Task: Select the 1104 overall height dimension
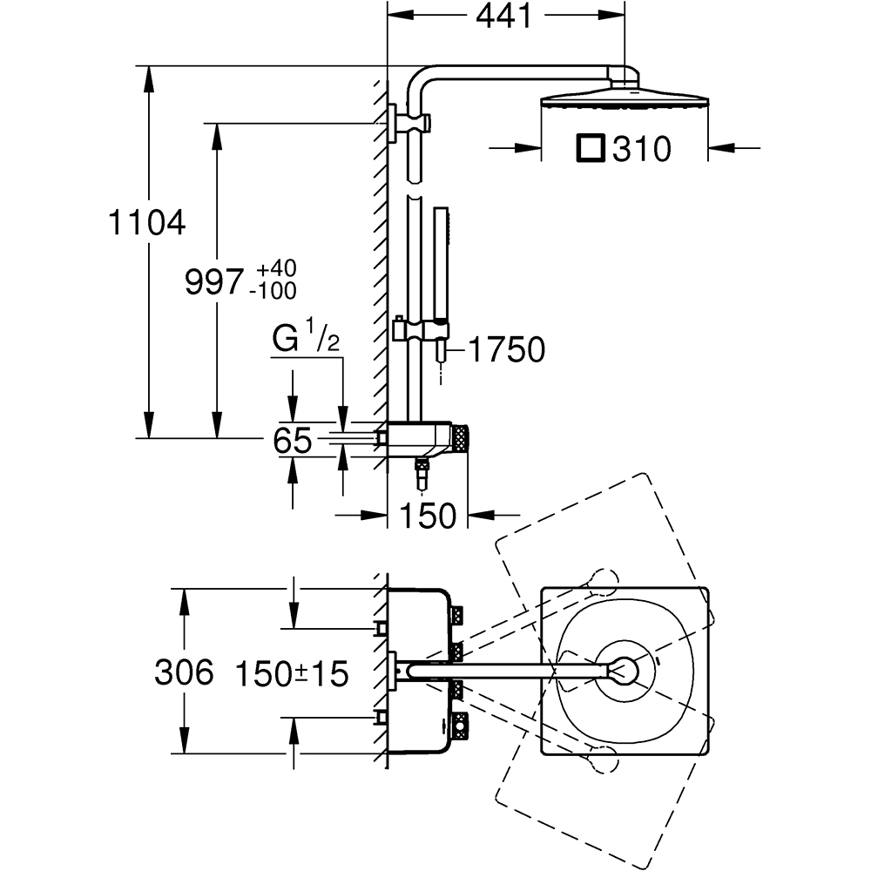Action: coord(147,224)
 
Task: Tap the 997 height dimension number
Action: coord(213,282)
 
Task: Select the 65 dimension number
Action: coord(292,441)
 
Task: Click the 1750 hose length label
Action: coord(506,350)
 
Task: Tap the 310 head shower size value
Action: coord(641,150)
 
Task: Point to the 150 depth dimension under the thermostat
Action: coord(428,516)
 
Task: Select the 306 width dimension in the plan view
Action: coord(184,672)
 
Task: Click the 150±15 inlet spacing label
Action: coord(293,672)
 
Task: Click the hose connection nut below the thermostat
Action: coord(423,476)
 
